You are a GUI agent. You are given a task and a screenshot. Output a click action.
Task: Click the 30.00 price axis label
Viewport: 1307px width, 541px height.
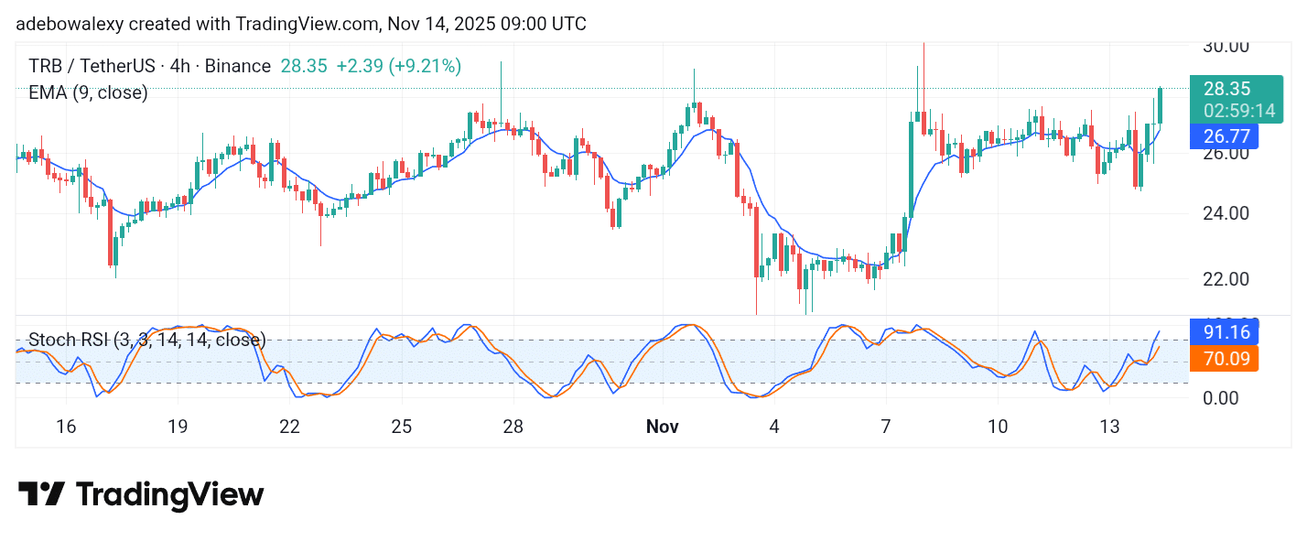coord(1226,46)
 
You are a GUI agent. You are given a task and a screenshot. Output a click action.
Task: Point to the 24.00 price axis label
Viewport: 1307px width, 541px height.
coord(1226,213)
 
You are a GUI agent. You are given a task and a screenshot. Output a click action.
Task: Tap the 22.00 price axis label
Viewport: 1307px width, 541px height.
coord(1226,279)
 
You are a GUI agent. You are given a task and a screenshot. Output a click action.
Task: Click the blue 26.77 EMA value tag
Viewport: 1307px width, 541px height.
coord(1226,136)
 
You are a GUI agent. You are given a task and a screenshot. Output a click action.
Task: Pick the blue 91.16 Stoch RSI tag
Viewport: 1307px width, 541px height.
coord(1226,331)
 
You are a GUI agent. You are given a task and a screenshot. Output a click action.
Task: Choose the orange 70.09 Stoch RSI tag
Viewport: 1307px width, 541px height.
coord(1226,358)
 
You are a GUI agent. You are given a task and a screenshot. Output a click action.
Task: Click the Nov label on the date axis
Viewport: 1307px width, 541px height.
coord(664,427)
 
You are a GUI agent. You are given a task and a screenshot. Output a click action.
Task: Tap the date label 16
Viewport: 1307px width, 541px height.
coord(65,427)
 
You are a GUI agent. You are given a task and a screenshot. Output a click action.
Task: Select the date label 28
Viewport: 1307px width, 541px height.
coord(513,427)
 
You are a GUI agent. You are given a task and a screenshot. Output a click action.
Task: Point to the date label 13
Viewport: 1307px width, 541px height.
coord(1110,427)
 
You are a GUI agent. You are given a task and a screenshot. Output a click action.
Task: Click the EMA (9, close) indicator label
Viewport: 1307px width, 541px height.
coord(87,92)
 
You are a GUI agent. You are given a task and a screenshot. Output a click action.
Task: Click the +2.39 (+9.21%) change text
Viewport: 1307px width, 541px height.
coord(398,66)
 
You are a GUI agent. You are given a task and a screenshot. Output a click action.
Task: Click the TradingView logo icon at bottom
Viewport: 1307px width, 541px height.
coord(41,494)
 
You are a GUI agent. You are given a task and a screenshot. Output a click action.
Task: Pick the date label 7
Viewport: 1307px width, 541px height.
coord(886,427)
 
